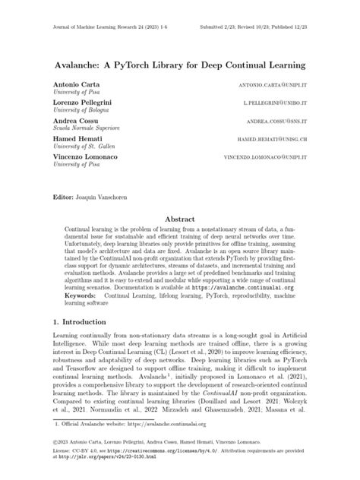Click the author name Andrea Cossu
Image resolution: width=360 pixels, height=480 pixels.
[x=74, y=120]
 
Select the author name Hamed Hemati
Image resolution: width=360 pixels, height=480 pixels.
[x=76, y=139]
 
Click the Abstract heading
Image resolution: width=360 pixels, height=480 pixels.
[x=180, y=218]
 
